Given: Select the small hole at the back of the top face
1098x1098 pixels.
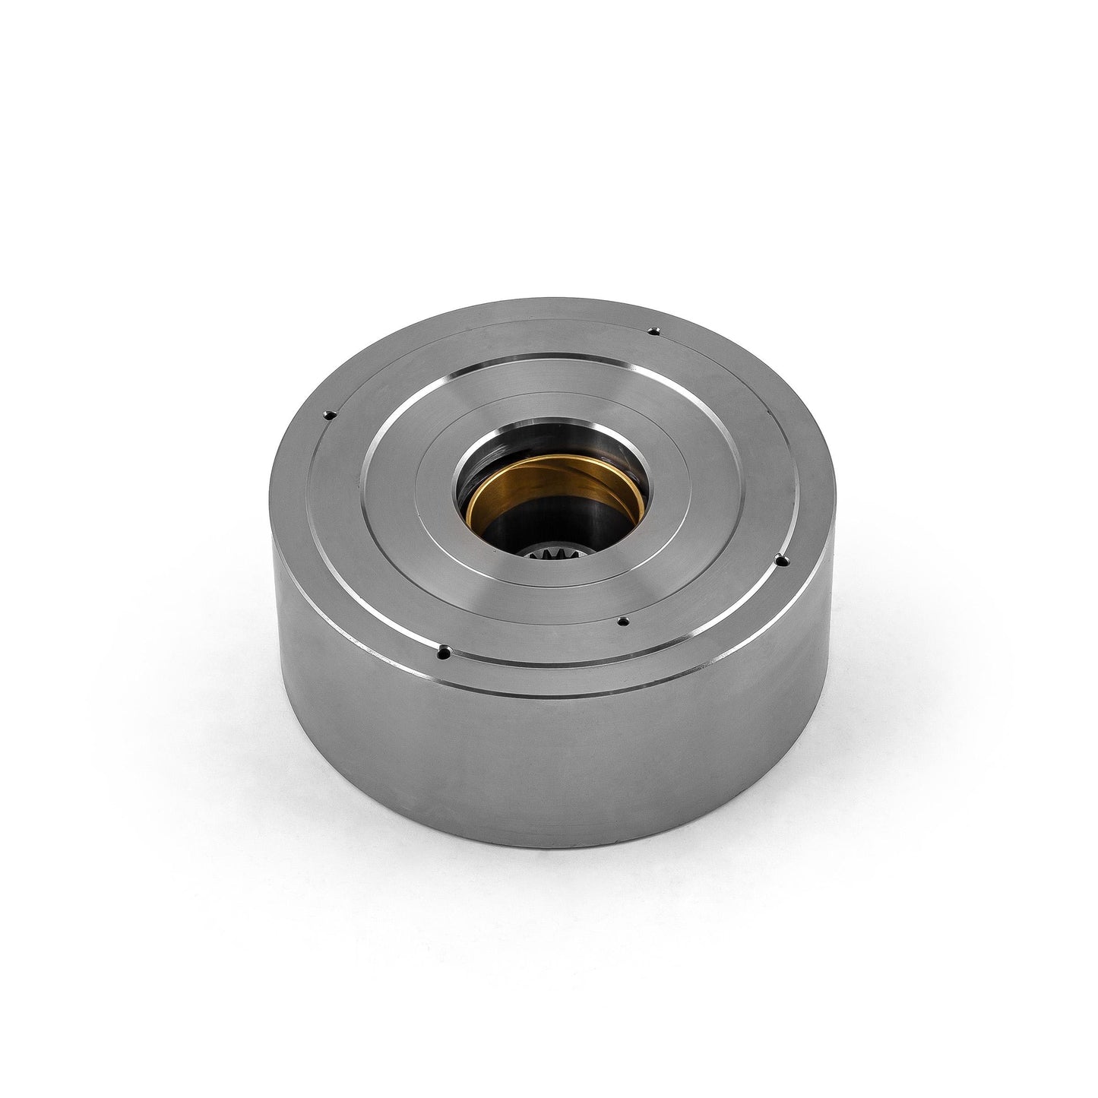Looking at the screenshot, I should [653, 331].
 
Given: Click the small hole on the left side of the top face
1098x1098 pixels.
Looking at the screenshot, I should [329, 414].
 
